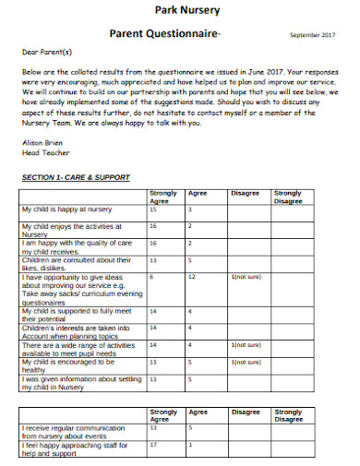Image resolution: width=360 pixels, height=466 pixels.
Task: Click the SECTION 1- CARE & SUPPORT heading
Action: pos(75,177)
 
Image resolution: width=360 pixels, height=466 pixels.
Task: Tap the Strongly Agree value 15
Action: pos(153,210)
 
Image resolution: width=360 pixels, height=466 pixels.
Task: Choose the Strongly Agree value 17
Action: pos(153,443)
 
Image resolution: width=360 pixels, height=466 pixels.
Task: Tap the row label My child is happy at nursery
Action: pos(66,210)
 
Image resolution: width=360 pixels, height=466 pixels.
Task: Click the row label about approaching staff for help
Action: pos(74,448)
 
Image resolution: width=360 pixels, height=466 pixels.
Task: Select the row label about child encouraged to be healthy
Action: pos(74,364)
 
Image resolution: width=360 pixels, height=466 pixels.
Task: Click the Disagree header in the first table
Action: pos(246,194)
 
